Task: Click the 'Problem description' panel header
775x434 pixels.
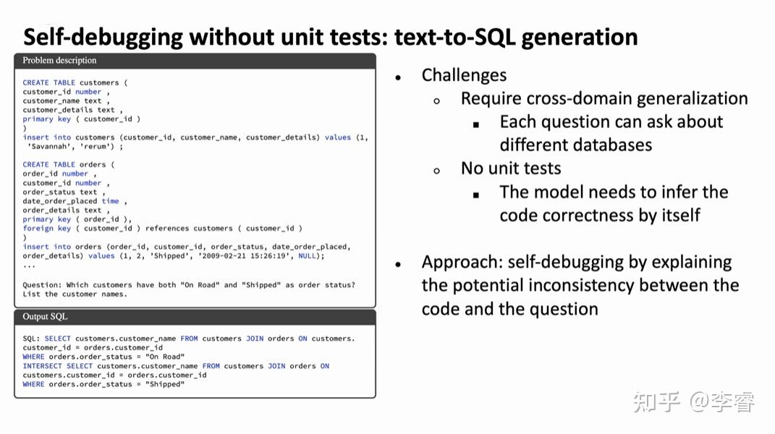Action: tap(59, 61)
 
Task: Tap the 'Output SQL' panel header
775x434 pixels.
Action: tap(45, 317)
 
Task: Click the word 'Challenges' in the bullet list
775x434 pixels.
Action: tap(464, 75)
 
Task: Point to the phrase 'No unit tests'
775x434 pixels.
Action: tap(511, 169)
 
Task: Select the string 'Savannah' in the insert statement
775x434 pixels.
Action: tap(50, 146)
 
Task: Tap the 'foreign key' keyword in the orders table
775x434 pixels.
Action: tap(46, 229)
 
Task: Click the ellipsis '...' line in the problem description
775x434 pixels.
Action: tap(29, 265)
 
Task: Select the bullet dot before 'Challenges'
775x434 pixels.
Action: tap(398, 77)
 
